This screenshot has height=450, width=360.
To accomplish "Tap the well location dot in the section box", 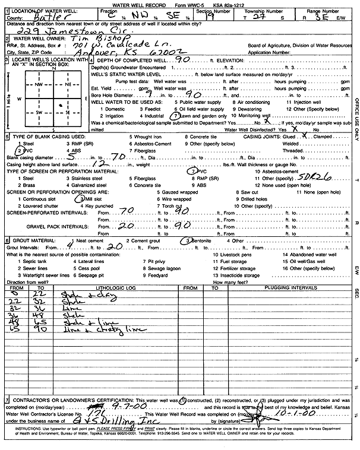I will [61, 106].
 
